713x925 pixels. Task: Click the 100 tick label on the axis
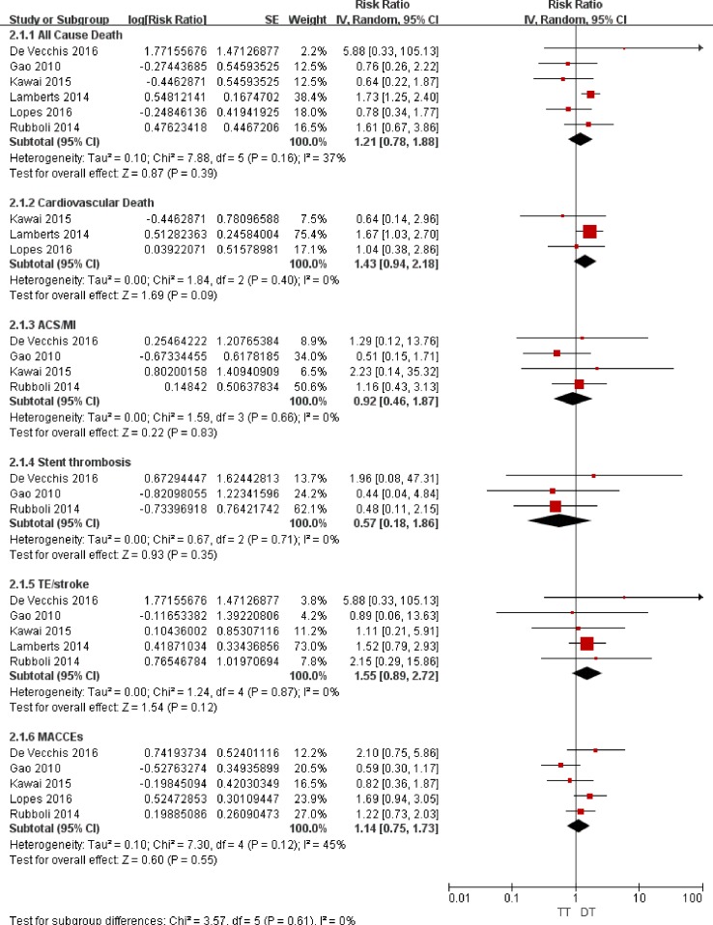click(x=692, y=898)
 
